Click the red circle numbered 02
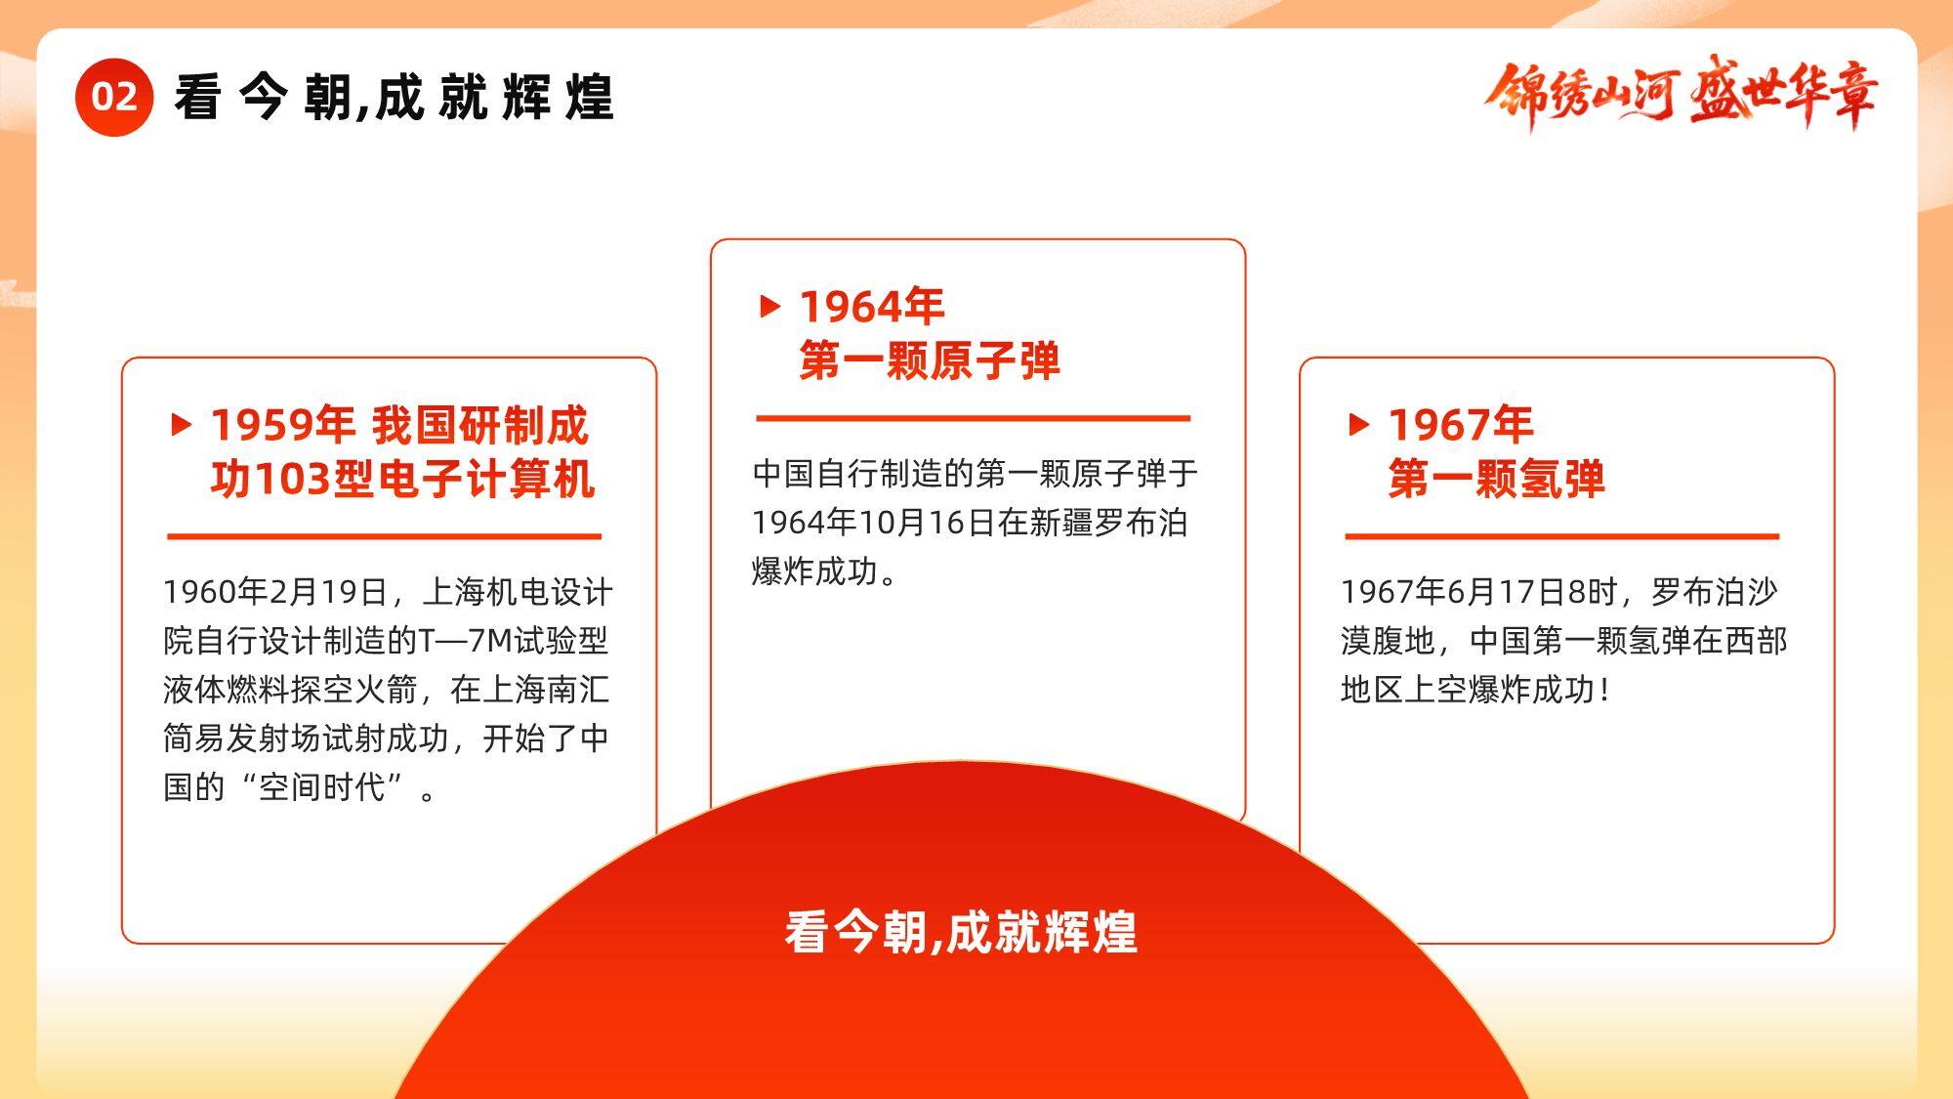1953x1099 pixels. tap(114, 97)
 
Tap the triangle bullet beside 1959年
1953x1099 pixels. tap(181, 424)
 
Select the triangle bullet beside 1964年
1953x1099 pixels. tap(770, 306)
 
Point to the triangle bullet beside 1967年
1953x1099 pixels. tap(1358, 424)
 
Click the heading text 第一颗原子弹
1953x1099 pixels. tap(930, 360)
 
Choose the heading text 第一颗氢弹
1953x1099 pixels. tap(1497, 479)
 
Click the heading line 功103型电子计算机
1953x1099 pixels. tap(402, 479)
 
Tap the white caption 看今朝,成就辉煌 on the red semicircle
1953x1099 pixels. tap(961, 931)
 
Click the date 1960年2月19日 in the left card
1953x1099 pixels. tap(276, 592)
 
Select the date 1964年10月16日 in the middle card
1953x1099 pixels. tap(873, 523)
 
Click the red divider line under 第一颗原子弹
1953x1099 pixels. tap(974, 418)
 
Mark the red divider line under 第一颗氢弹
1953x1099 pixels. tap(1562, 536)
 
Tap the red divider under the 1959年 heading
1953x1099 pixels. tap(385, 536)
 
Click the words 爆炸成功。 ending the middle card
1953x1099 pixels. tap(825, 571)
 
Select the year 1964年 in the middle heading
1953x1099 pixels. tap(872, 307)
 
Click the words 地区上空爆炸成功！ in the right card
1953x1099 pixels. tap(1475, 690)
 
